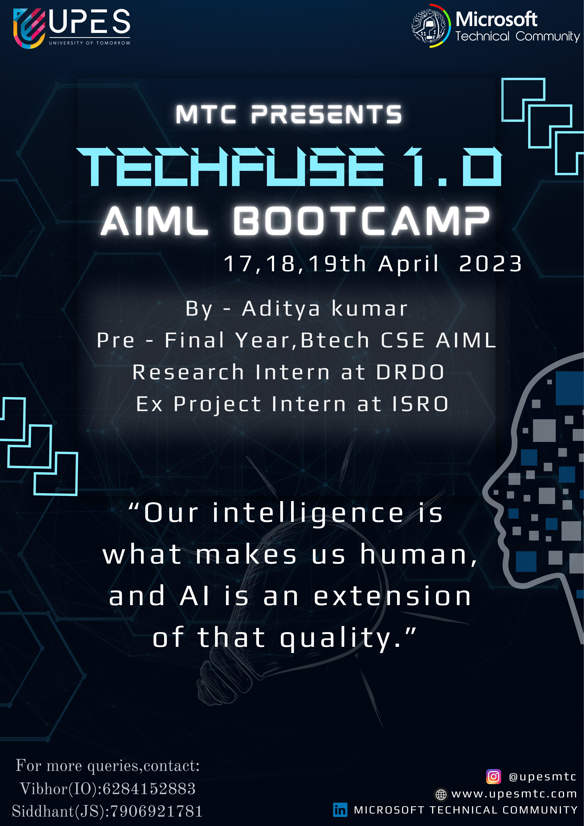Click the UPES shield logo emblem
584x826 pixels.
tap(29, 28)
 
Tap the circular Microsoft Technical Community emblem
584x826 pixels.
tap(431, 26)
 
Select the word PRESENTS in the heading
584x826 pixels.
tap(326, 114)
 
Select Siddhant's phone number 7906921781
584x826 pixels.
tap(156, 811)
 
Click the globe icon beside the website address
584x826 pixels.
tap(441, 794)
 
